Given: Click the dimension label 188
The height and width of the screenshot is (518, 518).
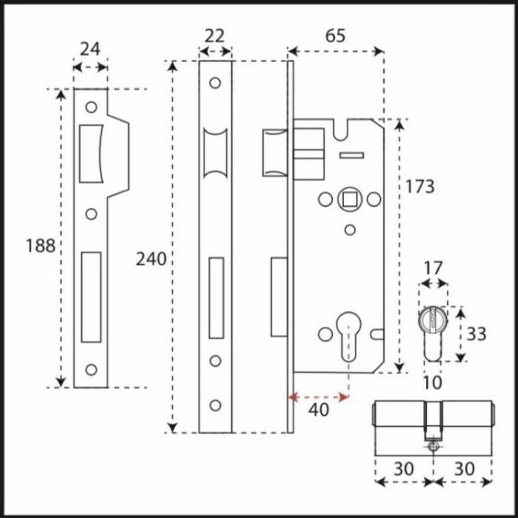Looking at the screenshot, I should click(41, 245).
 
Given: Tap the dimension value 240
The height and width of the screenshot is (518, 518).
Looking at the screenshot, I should click(151, 259).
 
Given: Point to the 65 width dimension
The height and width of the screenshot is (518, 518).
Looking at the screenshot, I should click(335, 36).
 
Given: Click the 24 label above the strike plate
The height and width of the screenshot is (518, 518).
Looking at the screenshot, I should click(90, 50).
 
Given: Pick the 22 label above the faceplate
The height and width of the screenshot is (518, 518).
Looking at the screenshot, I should click(215, 36).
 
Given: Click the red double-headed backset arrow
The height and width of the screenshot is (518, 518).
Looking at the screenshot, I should click(319, 398).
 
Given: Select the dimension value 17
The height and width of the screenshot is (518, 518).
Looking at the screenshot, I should click(434, 268).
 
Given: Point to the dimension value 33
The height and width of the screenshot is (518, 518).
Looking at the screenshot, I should click(476, 334).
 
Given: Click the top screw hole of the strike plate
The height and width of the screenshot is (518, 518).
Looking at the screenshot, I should click(91, 107).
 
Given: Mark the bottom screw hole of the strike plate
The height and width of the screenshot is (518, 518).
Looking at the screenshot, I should click(91, 369).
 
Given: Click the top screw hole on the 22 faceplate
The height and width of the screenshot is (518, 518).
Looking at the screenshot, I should click(215, 83).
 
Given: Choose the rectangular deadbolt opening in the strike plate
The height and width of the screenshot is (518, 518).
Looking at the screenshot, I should click(91, 296).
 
